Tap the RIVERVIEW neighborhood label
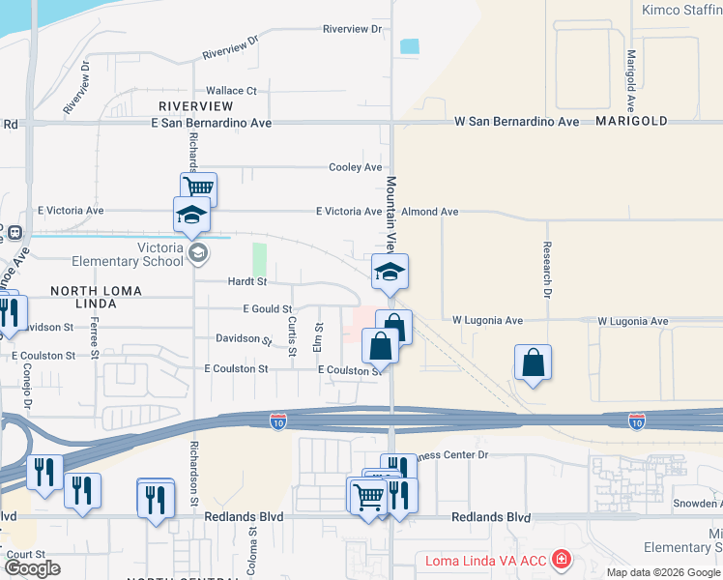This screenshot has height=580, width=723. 196,104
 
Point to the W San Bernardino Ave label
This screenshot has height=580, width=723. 517,123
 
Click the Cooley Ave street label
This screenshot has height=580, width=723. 355,167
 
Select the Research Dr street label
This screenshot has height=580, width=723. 547,269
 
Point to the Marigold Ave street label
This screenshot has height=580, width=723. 630,79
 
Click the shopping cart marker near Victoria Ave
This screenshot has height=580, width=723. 198,188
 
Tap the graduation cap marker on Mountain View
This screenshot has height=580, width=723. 390,271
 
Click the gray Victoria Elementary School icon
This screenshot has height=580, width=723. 198,254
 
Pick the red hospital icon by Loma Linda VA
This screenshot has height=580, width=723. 560,560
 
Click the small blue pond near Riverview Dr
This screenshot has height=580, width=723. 410,45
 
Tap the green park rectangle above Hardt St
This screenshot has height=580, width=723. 259,259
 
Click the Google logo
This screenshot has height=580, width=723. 33,568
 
